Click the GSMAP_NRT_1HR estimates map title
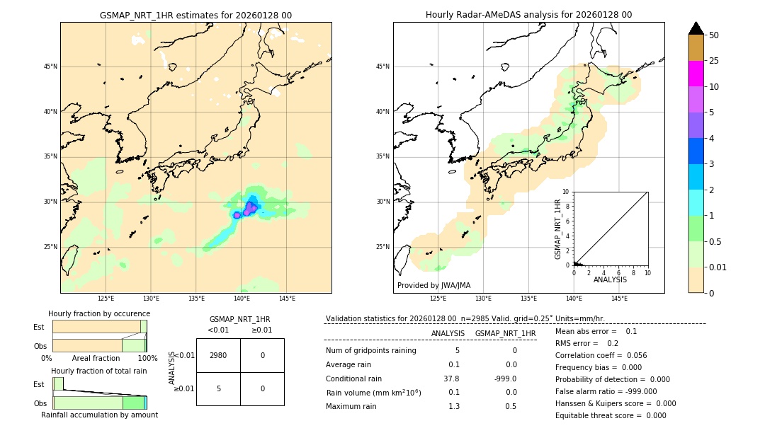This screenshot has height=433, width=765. coord(195,15)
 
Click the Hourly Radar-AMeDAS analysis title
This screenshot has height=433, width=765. coord(528,15)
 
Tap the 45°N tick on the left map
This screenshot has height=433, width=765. coord(50,67)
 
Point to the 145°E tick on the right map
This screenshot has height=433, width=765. coord(619,299)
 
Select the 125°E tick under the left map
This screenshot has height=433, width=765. coord(106,299)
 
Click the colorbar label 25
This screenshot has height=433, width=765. coord(714,61)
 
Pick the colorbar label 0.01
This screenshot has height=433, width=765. coord(718,267)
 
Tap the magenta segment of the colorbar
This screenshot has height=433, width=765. coord(696,74)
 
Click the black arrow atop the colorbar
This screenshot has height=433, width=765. coord(696,28)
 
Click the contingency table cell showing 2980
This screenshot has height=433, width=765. coord(218,355)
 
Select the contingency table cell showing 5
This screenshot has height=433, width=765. coord(218,388)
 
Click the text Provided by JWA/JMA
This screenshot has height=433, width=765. coord(433,286)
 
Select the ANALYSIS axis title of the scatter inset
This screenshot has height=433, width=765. coord(610,279)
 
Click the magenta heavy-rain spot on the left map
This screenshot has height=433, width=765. coord(249,207)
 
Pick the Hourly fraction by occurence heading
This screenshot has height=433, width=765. coord(99,313)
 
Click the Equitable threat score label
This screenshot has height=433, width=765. coord(599,415)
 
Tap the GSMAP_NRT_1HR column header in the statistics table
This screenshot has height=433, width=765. coord(505,333)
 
